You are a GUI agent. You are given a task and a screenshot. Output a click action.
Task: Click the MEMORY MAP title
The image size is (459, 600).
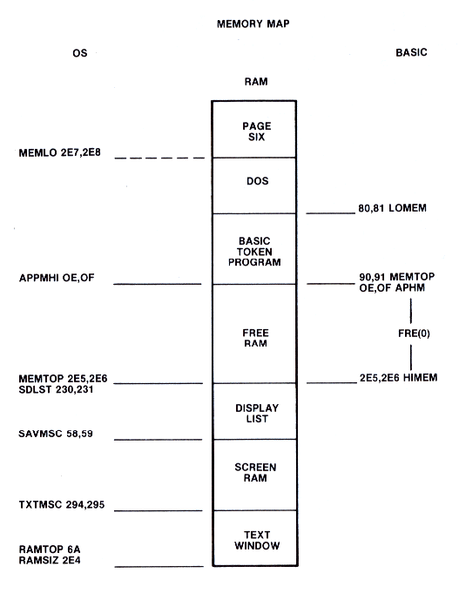(253, 24)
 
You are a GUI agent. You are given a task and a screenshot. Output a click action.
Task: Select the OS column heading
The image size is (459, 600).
(79, 53)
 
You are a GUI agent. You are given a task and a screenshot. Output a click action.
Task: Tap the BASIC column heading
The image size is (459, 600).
(411, 52)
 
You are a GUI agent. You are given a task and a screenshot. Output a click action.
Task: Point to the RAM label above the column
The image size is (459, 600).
(256, 82)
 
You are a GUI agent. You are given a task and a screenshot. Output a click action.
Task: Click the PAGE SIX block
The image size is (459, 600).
(254, 130)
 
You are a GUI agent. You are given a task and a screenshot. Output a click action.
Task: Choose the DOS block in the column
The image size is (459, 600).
(254, 185)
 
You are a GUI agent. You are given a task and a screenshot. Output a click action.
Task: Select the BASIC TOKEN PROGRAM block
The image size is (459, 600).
(254, 249)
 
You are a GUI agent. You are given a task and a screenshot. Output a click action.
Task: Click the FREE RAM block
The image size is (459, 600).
(254, 334)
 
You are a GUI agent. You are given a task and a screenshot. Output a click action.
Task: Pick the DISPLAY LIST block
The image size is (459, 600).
(254, 411)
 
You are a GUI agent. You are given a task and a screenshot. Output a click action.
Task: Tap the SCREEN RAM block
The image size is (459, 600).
(254, 475)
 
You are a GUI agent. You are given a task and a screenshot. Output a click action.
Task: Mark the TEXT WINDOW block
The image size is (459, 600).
(254, 538)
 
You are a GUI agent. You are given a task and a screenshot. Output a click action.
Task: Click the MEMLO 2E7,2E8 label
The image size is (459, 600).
(60, 152)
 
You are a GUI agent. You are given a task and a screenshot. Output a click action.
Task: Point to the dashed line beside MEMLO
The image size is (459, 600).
(160, 158)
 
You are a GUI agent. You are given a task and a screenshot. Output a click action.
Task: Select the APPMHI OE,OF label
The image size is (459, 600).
(57, 278)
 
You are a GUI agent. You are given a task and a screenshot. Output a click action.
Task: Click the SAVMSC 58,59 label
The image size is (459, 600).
(56, 434)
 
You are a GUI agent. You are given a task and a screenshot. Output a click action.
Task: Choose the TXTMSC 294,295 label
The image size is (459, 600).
(62, 505)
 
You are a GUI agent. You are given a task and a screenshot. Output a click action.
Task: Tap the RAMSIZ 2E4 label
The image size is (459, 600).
(50, 560)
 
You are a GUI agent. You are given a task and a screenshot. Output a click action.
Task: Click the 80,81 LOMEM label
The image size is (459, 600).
(393, 208)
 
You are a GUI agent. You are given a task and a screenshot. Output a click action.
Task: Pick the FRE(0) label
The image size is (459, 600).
(414, 334)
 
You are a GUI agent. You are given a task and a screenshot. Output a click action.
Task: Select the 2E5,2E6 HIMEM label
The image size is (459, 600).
(398, 378)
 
